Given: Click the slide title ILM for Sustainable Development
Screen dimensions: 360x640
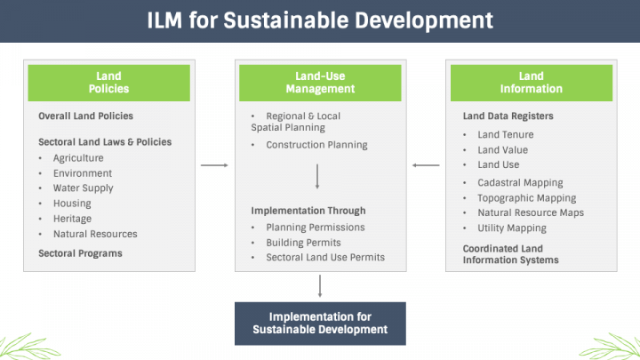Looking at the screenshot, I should click(x=319, y=20).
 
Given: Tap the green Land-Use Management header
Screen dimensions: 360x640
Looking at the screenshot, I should click(x=320, y=83).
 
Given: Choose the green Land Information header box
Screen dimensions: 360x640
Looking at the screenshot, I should click(x=531, y=83).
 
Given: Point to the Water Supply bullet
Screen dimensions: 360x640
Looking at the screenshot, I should click(x=83, y=188).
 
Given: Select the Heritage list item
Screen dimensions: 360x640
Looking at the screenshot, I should click(x=72, y=219).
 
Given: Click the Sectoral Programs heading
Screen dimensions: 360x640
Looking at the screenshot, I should click(x=80, y=253).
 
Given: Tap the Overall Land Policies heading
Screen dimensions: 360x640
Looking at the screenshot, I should click(x=85, y=116).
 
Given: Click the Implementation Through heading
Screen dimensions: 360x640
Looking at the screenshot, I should click(x=308, y=212).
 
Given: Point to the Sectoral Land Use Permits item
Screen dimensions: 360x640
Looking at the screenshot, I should click(x=325, y=257).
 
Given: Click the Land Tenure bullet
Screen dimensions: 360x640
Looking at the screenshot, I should click(x=506, y=134).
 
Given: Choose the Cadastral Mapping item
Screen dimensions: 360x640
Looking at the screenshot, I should click(x=520, y=183).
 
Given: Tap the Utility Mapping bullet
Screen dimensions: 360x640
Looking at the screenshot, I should click(x=512, y=228).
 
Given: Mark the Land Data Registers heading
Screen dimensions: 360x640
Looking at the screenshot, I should click(x=508, y=116).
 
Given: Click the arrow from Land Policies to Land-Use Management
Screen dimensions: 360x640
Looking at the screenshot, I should click(x=214, y=165).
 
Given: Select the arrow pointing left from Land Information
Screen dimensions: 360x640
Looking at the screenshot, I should click(x=426, y=165).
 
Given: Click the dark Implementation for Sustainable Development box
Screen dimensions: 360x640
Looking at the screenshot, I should click(x=320, y=323).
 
